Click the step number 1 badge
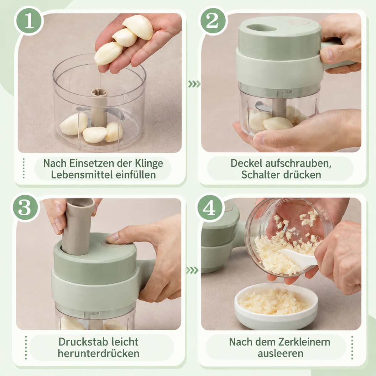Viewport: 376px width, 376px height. [x=29, y=21]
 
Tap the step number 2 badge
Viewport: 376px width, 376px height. [x=212, y=21]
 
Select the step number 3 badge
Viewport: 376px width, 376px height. [x=25, y=208]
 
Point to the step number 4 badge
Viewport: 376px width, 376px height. [x=210, y=208]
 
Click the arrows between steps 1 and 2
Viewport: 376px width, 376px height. [x=194, y=84]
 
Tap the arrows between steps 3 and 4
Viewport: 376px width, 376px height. [x=192, y=270]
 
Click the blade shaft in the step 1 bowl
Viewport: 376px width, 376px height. [x=99, y=107]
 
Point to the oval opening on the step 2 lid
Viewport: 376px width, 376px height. [x=261, y=28]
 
